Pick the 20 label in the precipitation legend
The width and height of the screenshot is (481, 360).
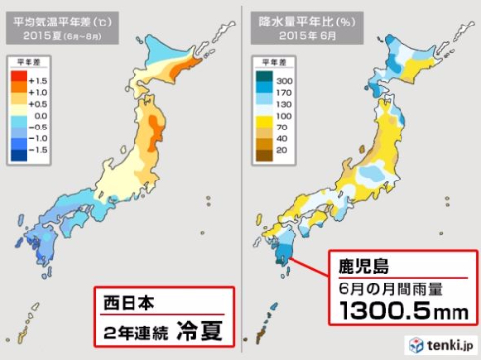[283, 151]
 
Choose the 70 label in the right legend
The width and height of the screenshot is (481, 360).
[283, 127]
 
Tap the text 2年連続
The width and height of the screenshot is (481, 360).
[134, 330]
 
